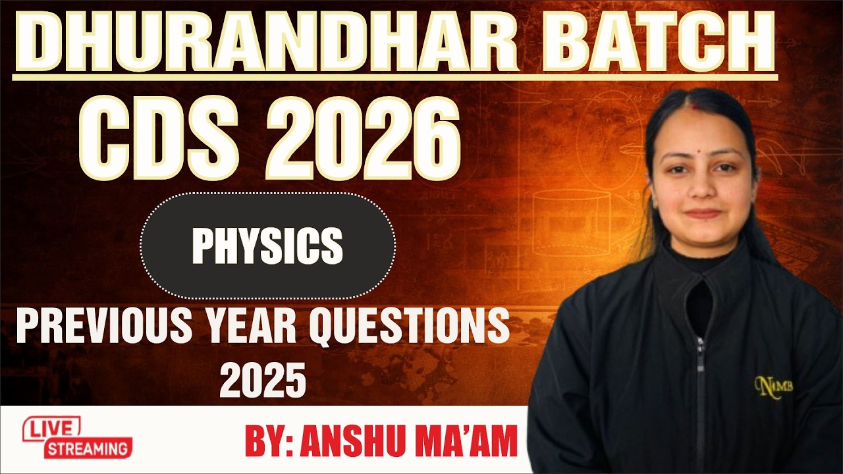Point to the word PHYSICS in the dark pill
267,246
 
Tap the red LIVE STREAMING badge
78,438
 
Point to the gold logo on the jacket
773,384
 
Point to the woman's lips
703,213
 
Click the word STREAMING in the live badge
88,450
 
